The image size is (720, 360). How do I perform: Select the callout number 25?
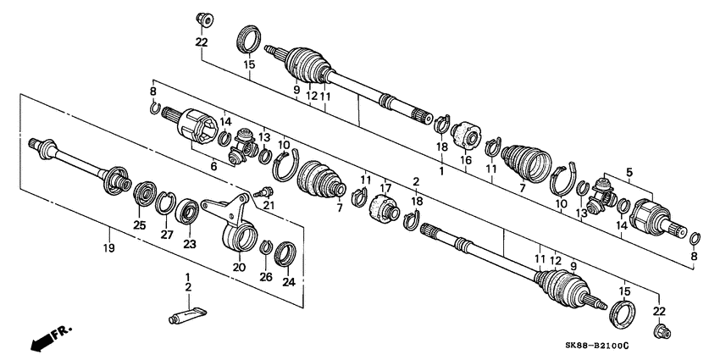[140, 224]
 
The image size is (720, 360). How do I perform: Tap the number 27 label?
[167, 235]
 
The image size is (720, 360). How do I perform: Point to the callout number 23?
[190, 245]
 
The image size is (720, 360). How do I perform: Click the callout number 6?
[214, 168]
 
